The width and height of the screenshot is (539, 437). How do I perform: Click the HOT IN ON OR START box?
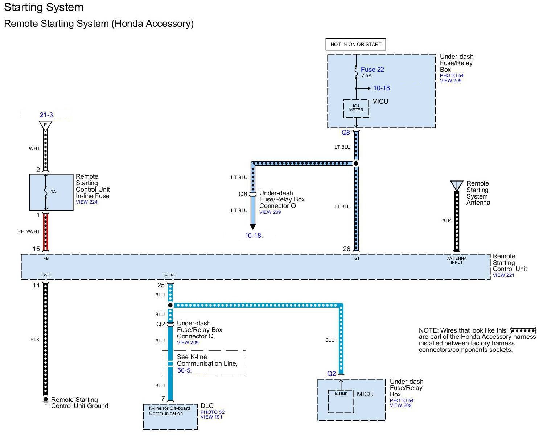355,44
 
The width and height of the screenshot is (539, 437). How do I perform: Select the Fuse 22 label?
372,69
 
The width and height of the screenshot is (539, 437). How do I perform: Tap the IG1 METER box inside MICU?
356,108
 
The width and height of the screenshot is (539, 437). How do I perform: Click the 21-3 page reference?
47,115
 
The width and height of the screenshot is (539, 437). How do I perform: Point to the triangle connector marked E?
46,126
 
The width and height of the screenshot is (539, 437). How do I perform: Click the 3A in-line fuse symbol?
46,192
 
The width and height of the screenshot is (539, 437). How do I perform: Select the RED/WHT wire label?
29,232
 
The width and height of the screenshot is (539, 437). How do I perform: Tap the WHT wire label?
34,149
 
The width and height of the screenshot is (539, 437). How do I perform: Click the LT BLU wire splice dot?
356,163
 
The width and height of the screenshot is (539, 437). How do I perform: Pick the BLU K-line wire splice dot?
170,305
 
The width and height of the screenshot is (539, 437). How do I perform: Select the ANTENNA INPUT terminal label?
457,260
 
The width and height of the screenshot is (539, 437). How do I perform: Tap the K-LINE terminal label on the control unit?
170,275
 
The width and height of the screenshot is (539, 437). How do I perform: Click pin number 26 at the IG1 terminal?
346,249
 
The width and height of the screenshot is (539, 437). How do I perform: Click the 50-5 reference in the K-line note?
184,370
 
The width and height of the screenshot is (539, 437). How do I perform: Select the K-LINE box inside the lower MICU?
341,401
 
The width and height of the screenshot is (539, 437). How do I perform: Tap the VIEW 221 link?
503,275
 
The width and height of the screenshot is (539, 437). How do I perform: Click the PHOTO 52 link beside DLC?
212,412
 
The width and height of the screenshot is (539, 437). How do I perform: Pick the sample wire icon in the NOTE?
523,330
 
